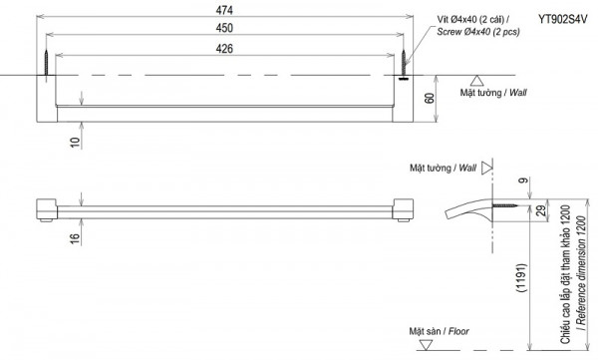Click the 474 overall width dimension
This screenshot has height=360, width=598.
pyautogui.click(x=224, y=10)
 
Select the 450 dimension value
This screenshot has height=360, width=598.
pyautogui.click(x=224, y=28)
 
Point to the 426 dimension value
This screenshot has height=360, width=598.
pyautogui.click(x=224, y=49)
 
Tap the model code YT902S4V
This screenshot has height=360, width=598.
pyautogui.click(x=563, y=19)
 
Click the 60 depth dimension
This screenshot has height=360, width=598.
pyautogui.click(x=430, y=98)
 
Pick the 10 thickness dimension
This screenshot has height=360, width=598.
pyautogui.click(x=76, y=142)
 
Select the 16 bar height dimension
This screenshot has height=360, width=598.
pyautogui.click(x=76, y=238)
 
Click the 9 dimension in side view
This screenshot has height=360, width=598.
pyautogui.click(x=525, y=180)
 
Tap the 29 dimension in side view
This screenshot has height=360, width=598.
pyautogui.click(x=541, y=210)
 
